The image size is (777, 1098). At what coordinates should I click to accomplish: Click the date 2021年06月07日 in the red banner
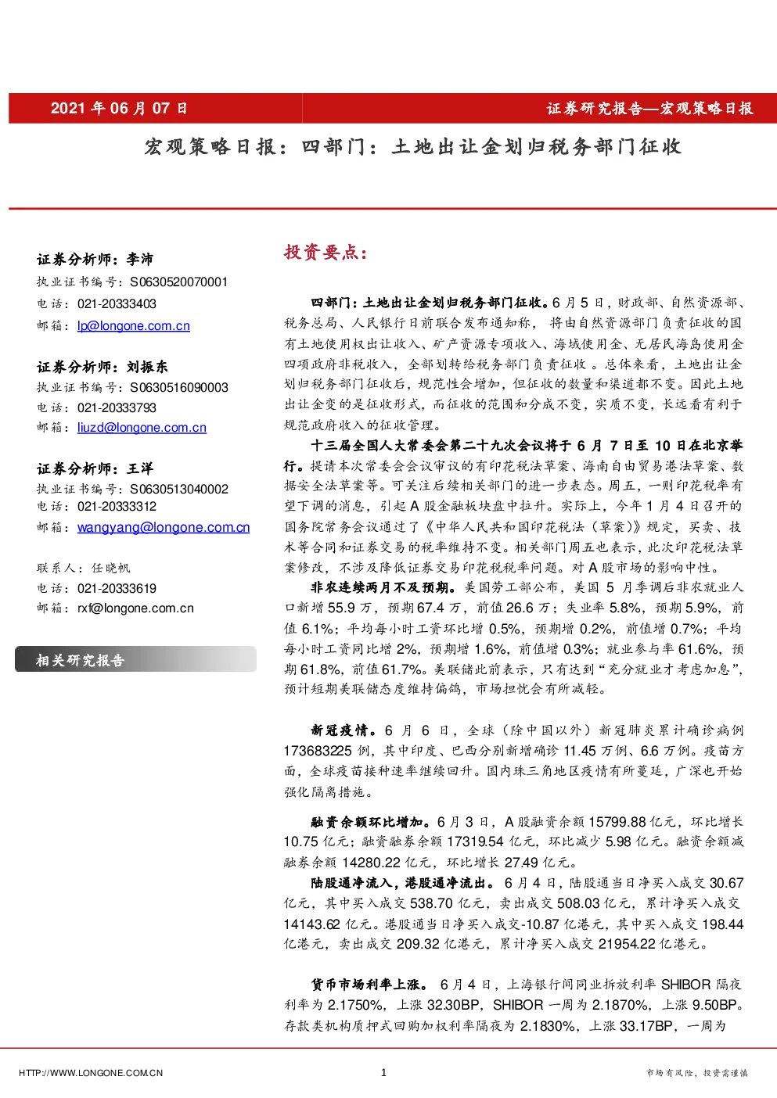pyautogui.click(x=119, y=108)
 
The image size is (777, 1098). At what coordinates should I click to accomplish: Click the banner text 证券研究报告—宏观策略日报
pyautogui.click(x=649, y=109)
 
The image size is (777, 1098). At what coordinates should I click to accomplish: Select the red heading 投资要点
pyautogui.click(x=326, y=252)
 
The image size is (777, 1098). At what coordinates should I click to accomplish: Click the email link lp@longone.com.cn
pyautogui.click(x=134, y=325)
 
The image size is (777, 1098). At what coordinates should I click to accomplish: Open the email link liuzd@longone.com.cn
pyautogui.click(x=142, y=428)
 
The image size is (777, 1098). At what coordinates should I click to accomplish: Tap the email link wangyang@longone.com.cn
pyautogui.click(x=164, y=527)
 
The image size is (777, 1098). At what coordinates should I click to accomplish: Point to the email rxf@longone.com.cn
pyautogui.click(x=135, y=608)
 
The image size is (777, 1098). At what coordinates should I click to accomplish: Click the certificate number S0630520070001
pyautogui.click(x=178, y=282)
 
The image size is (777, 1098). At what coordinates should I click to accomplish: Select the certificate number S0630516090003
pyautogui.click(x=178, y=388)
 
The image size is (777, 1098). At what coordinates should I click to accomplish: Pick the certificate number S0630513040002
pyautogui.click(x=178, y=490)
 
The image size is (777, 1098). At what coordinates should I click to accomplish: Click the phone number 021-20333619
pyautogui.click(x=117, y=588)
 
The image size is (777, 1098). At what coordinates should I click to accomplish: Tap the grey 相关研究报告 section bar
pyautogui.click(x=136, y=659)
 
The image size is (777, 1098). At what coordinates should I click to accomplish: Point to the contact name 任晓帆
pyautogui.click(x=111, y=568)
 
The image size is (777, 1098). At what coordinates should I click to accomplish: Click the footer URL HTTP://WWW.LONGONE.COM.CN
pyautogui.click(x=91, y=1073)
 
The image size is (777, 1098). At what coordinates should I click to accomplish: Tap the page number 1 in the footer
pyautogui.click(x=383, y=1072)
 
